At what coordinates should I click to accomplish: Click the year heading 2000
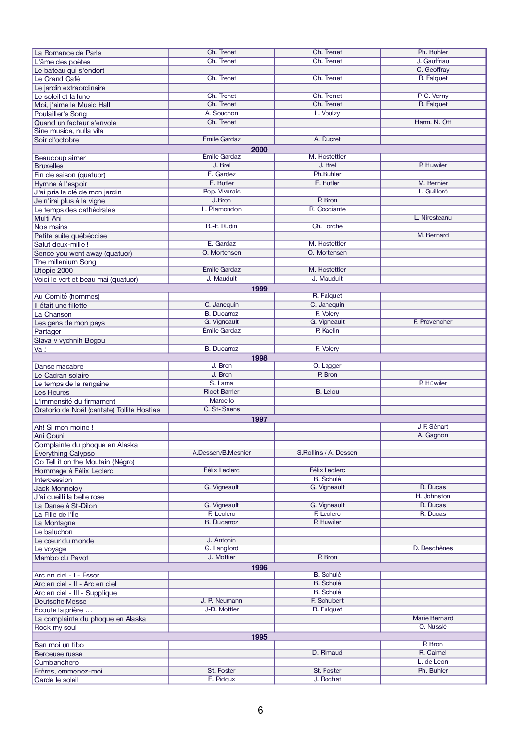(259, 149)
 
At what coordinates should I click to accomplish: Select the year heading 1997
(259, 419)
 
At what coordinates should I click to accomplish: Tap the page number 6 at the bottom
(260, 710)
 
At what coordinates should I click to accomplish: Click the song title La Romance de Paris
(68, 53)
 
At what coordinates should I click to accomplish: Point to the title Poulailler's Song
(60, 114)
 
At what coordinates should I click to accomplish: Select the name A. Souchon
(222, 113)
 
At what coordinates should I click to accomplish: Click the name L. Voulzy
(327, 113)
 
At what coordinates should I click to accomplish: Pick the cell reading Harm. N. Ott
(432, 122)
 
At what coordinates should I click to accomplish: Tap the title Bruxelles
(49, 166)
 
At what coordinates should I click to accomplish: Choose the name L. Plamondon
(222, 209)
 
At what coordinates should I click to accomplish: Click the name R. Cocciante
(327, 209)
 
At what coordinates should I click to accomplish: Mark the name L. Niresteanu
(432, 218)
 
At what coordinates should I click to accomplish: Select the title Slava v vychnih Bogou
(69, 340)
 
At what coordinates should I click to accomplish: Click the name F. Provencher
(432, 322)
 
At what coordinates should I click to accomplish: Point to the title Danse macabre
(59, 366)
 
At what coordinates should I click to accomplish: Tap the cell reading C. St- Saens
(222, 409)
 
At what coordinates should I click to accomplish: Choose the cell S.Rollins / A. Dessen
(327, 453)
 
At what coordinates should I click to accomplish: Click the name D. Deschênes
(432, 548)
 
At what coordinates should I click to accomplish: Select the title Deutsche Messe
(60, 601)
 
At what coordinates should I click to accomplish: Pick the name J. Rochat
(327, 679)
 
